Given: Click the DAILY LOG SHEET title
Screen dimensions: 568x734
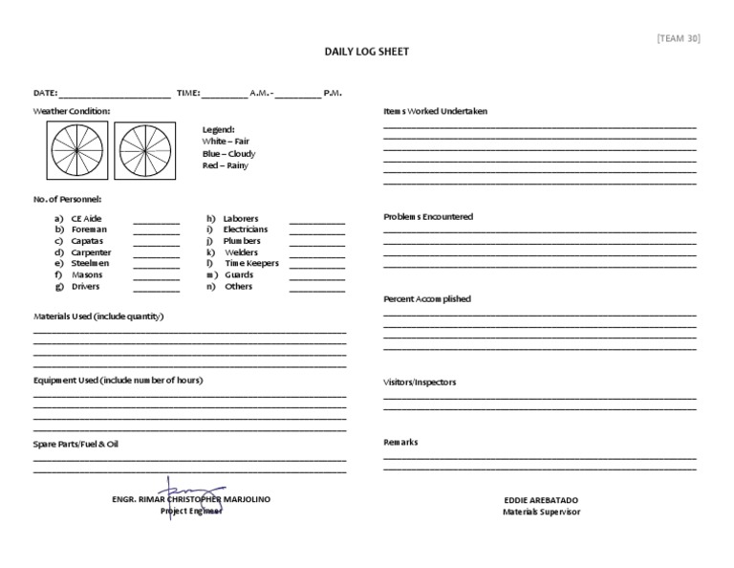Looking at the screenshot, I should pyautogui.click(x=366, y=52).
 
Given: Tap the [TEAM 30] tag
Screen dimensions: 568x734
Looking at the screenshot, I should pyautogui.click(x=680, y=38).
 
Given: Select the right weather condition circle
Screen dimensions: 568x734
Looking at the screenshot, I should pyautogui.click(x=145, y=151).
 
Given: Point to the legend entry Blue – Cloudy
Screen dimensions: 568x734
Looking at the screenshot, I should pyautogui.click(x=228, y=153).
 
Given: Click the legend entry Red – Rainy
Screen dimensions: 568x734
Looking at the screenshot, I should pyautogui.click(x=225, y=165).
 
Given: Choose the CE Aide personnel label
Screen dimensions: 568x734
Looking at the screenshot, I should pyautogui.click(x=86, y=219).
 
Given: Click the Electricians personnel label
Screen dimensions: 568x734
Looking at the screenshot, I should pyautogui.click(x=245, y=229).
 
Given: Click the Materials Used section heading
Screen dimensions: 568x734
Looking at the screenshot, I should pyautogui.click(x=98, y=317).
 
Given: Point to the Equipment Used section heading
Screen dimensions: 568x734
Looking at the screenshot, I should pyautogui.click(x=118, y=380).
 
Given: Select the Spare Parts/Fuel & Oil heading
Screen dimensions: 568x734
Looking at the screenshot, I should pyautogui.click(x=76, y=444).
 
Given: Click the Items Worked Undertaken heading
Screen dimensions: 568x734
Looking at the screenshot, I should pyautogui.click(x=435, y=111).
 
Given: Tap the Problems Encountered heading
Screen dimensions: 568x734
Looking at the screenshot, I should pyautogui.click(x=427, y=217).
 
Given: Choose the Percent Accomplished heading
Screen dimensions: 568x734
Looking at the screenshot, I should pyautogui.click(x=426, y=299).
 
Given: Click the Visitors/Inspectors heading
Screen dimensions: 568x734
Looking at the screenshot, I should pyautogui.click(x=420, y=382).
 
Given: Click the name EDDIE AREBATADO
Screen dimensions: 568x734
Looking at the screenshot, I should pyautogui.click(x=541, y=500).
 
